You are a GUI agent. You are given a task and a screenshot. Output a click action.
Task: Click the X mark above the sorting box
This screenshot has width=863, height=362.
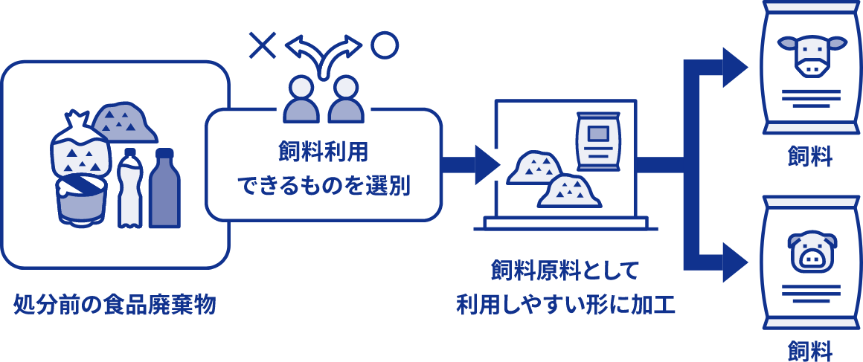pyautogui.click(x=262, y=46)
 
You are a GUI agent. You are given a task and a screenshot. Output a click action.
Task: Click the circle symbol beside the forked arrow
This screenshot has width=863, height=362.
pyautogui.click(x=385, y=45)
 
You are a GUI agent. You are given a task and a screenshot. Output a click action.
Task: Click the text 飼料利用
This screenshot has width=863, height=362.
pyautogui.click(x=323, y=153)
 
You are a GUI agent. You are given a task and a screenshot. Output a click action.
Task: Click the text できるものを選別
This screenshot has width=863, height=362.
pyautogui.click(x=323, y=185)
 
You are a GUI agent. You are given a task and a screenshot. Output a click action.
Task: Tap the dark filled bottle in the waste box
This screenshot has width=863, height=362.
pyautogui.click(x=164, y=190)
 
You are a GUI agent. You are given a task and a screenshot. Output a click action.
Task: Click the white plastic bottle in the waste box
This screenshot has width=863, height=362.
pyautogui.click(x=129, y=190)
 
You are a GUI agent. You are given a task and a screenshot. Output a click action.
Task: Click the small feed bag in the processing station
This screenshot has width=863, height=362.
pyautogui.click(x=598, y=141)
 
